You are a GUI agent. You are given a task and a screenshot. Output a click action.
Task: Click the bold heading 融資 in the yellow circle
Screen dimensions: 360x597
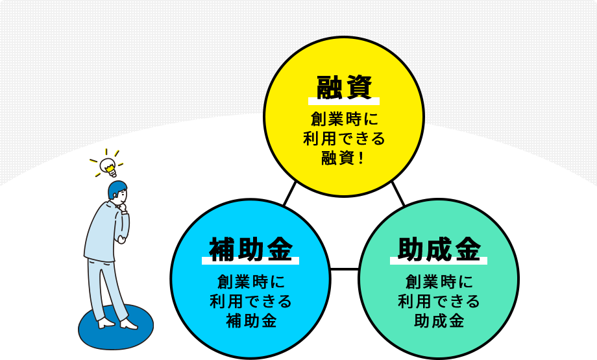pos(344,87)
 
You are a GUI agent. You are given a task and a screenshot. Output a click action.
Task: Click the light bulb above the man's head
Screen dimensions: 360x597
pos(108,167)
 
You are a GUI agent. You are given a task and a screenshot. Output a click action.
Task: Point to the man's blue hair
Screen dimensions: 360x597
pos(117,189)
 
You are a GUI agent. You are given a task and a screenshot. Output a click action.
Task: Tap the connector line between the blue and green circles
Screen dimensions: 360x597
pos(345,269)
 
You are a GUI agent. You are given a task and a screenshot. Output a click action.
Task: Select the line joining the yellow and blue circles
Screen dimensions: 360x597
pos(290,193)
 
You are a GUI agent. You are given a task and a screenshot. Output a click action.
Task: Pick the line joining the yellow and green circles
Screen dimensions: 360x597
pos(398,193)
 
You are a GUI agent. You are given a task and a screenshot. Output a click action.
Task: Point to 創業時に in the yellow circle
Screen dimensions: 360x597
pos(344,120)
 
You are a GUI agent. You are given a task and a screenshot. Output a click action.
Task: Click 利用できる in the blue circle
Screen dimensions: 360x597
pos(250,302)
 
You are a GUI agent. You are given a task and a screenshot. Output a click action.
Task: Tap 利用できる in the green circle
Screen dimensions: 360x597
pos(439,302)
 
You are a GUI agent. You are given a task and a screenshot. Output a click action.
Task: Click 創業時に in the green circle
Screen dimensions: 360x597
pos(439,282)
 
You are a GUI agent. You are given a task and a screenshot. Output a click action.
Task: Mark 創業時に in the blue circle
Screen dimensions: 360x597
pos(250,282)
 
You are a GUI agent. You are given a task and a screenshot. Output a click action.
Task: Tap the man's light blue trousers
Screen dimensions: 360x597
pos(104,285)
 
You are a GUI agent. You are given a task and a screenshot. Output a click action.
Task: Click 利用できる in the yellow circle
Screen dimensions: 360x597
pos(344,139)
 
